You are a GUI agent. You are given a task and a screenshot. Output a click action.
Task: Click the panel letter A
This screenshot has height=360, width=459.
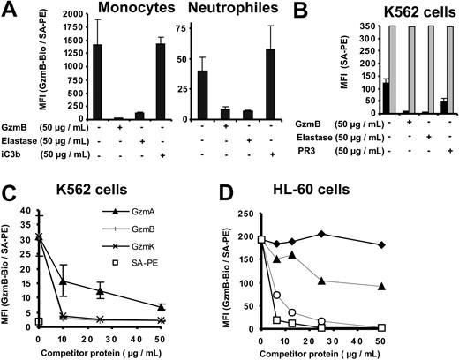(x=9, y=11)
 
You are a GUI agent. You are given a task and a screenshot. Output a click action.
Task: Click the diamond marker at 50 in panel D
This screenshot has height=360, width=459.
(x=430, y=244)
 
